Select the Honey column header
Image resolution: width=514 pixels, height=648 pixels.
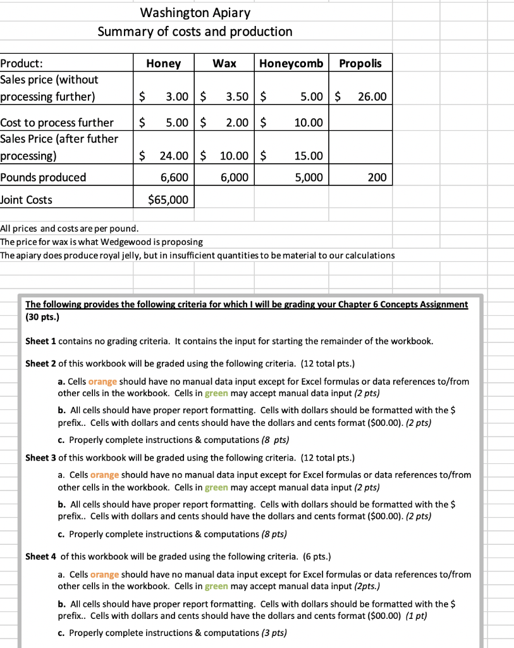coord(163,63)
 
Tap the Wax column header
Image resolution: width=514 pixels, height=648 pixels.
coord(224,63)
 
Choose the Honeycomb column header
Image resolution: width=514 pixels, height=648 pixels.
coord(291,63)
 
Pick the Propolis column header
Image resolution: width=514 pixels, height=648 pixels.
coord(360,63)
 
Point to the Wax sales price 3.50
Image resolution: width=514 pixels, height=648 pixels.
coord(236,97)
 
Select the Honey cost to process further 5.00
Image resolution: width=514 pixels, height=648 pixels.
coord(176,122)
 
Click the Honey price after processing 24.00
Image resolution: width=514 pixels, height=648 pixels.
coord(173,156)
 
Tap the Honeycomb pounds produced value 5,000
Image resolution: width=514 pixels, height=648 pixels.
coord(308,177)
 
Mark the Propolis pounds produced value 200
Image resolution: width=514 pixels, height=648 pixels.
coord(377,177)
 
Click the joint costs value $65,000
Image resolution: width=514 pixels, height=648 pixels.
coord(168,200)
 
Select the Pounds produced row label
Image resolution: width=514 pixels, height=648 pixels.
coord(43,177)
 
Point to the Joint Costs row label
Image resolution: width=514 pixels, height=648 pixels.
coord(27,200)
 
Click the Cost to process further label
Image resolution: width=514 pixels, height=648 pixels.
coord(57,122)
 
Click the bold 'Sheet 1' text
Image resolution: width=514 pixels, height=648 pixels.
coord(40,341)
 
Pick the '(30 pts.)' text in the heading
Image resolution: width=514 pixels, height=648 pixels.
coord(42,317)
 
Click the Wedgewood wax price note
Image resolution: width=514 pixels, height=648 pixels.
coord(101,242)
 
